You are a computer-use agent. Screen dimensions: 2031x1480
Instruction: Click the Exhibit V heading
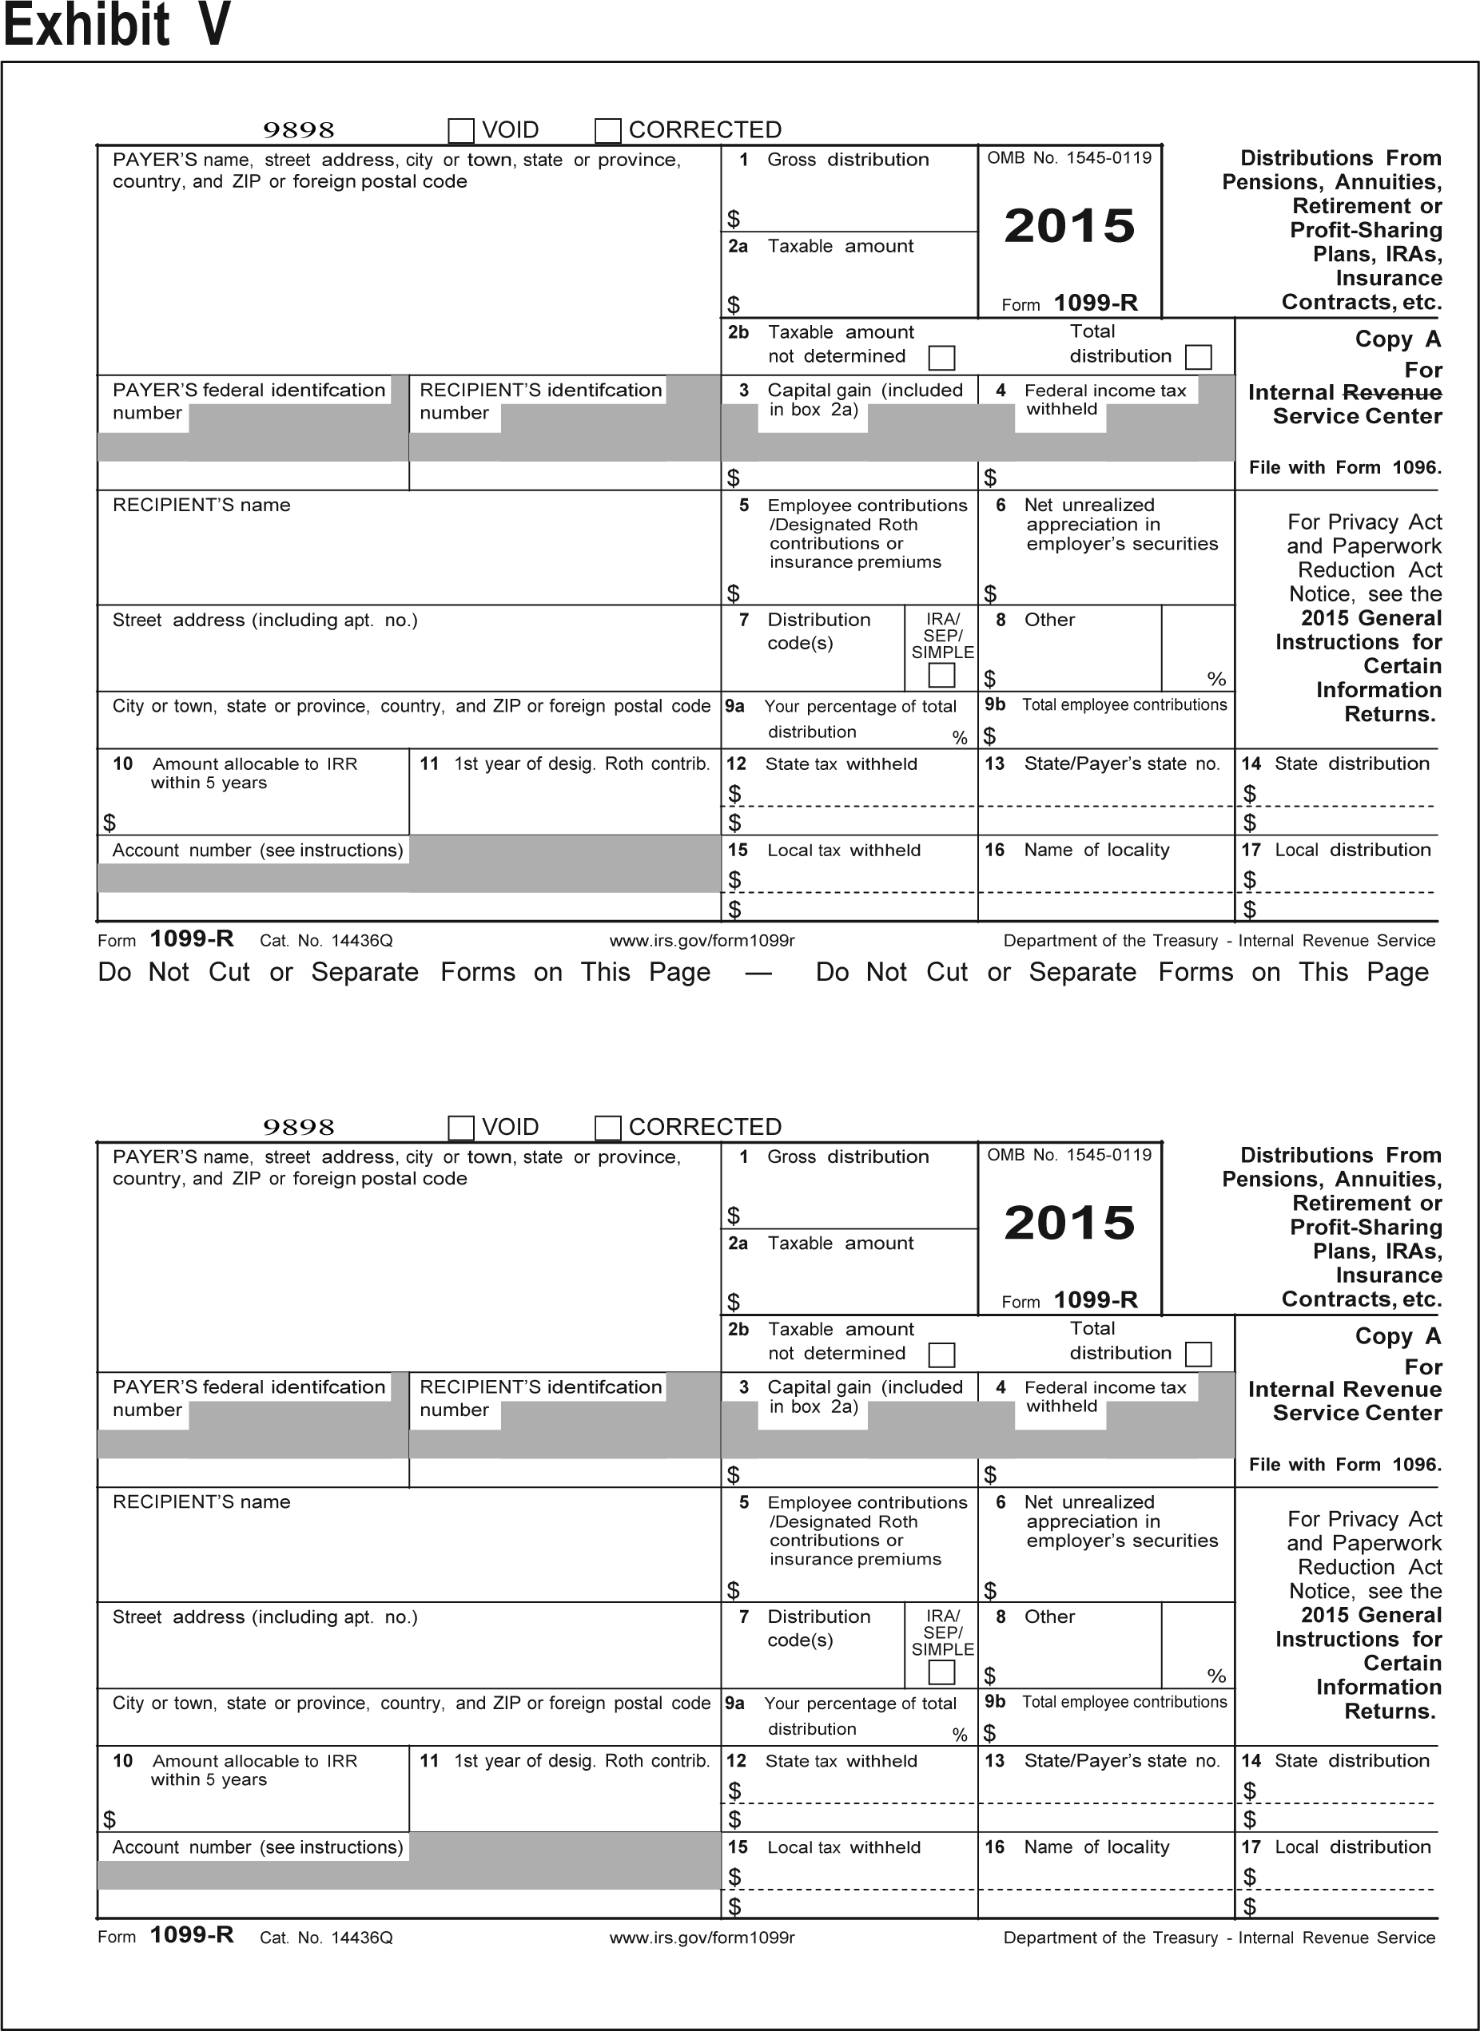tap(117, 24)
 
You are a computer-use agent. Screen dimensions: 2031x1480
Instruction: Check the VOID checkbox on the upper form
tap(460, 131)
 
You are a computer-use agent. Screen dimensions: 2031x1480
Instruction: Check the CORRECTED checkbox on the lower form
tap(608, 1128)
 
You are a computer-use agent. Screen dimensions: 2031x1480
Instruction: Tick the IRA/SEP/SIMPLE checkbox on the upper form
tap(941, 674)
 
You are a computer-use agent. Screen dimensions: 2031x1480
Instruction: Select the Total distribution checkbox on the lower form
tap(1198, 1354)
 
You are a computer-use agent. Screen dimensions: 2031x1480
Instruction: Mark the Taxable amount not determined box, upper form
tap(941, 357)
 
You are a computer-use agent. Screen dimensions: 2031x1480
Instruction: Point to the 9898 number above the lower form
tap(298, 1127)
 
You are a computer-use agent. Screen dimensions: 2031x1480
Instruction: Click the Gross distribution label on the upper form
tap(848, 160)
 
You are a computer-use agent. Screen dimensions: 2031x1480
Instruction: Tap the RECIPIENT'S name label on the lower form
tap(201, 1501)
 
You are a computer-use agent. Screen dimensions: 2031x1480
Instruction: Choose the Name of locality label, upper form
tap(1096, 850)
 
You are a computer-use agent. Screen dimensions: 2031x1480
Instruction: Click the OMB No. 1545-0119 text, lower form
tap(1068, 1155)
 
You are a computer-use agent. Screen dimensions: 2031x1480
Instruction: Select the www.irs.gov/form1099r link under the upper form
tap(702, 940)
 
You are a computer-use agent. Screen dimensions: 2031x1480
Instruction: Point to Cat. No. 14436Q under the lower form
tap(326, 1938)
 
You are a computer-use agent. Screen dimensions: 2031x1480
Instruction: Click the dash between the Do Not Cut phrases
tap(758, 973)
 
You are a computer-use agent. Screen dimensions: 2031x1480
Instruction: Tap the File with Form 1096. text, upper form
tap(1345, 467)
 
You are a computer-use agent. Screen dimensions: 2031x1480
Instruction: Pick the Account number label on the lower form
tap(257, 1847)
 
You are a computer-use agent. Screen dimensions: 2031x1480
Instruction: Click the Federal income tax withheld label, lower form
tap(1104, 1396)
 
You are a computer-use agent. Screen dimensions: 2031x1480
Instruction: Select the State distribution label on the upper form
tap(1351, 764)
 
